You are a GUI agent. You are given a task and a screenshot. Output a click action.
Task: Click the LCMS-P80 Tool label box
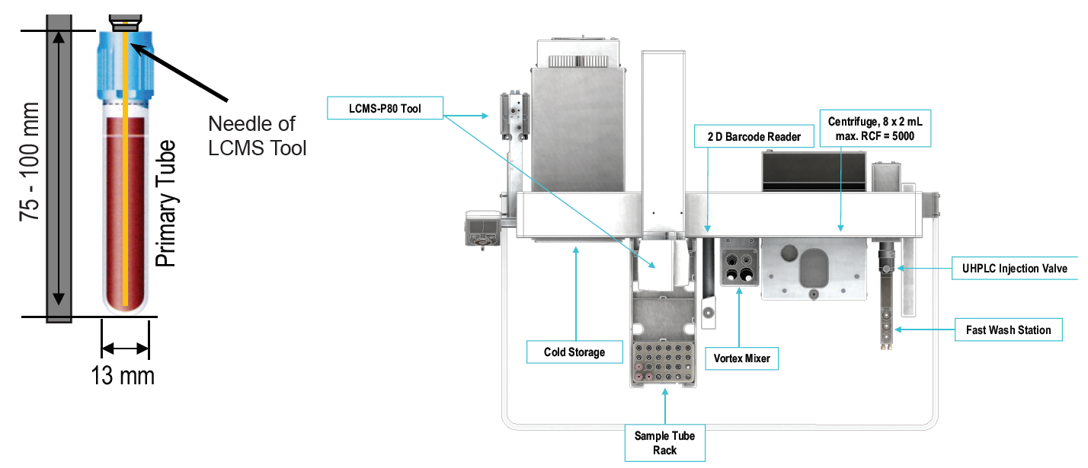coord(385,108)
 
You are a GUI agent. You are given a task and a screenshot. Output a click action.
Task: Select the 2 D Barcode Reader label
coord(749,137)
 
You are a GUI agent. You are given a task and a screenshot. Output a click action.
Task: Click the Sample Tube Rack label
coord(664,443)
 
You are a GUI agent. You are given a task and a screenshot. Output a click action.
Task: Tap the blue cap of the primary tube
coord(125,65)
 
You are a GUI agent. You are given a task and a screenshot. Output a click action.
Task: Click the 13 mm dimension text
coord(123,376)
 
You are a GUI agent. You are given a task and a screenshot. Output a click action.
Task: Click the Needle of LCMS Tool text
coord(257,135)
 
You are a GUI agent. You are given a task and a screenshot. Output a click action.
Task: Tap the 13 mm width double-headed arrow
coord(125,349)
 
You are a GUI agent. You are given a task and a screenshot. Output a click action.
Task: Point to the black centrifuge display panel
coord(814,171)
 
